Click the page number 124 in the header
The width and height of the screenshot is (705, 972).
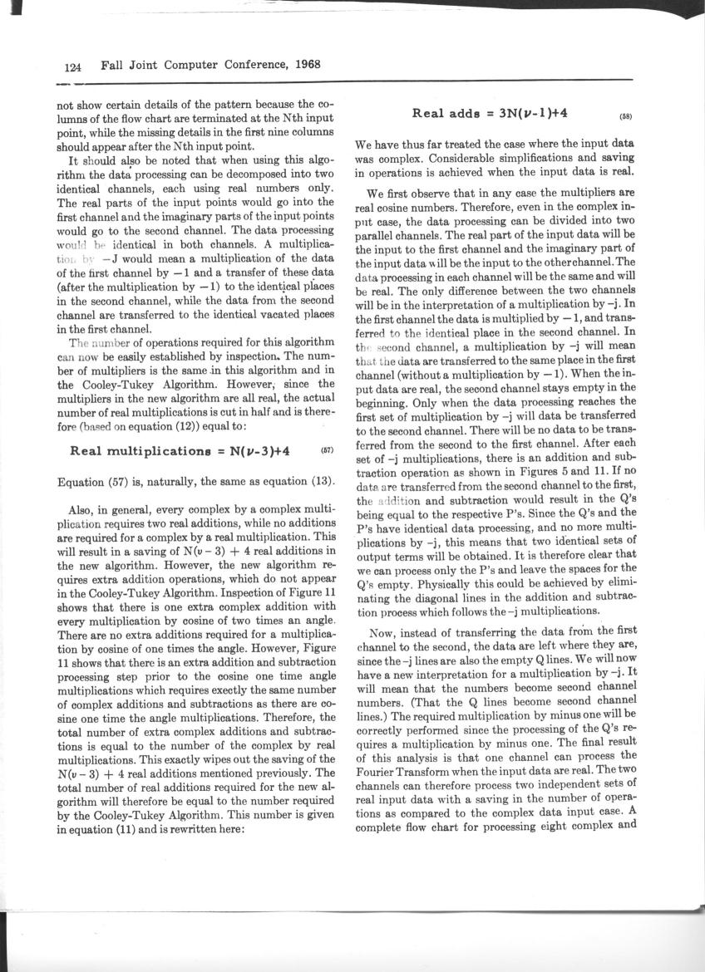[x=72, y=65]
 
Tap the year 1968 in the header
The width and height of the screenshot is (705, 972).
[x=303, y=65]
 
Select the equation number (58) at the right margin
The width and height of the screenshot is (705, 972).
[x=626, y=117]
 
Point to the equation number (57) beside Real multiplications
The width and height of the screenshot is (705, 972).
[x=326, y=451]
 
